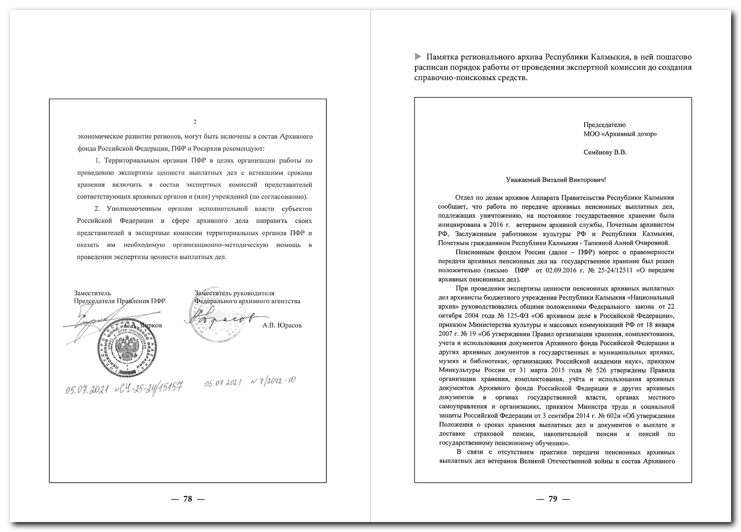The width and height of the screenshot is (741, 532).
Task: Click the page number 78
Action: click(x=188, y=499)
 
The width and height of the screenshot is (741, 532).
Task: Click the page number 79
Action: click(x=552, y=499)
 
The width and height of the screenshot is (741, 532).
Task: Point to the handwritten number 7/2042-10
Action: click(x=275, y=381)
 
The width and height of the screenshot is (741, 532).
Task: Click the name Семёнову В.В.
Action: click(x=605, y=153)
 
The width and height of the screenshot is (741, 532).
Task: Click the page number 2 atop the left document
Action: click(x=195, y=122)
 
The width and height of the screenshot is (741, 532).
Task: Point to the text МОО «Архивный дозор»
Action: click(x=620, y=134)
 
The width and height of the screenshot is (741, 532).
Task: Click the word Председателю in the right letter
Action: click(x=605, y=125)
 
